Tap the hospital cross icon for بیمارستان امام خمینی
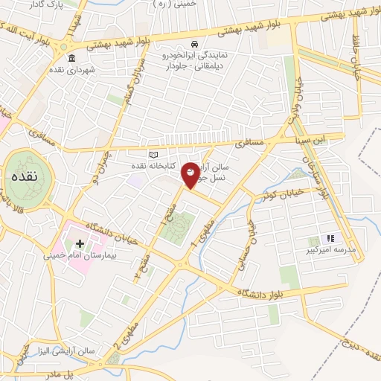click(80, 243)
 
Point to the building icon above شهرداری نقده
click(72, 60)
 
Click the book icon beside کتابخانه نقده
click(154, 155)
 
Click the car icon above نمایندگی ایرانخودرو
click(195, 44)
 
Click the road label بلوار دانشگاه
click(272, 290)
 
